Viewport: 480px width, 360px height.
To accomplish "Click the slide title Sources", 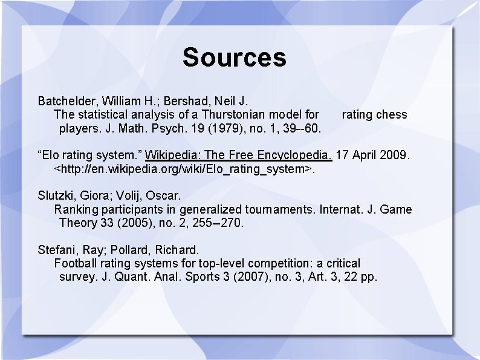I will pos(234,57).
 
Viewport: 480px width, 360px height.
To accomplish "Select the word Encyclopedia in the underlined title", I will pos(295,155).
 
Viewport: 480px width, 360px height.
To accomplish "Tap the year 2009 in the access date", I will pos(397,155).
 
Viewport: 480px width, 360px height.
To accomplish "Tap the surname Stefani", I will pos(57,250).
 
